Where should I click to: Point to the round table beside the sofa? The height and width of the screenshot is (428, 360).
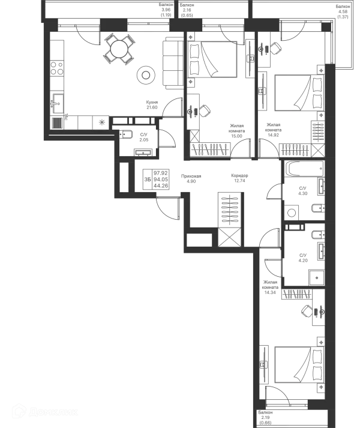(145, 74)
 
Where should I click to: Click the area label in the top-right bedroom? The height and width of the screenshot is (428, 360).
(273, 127)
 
